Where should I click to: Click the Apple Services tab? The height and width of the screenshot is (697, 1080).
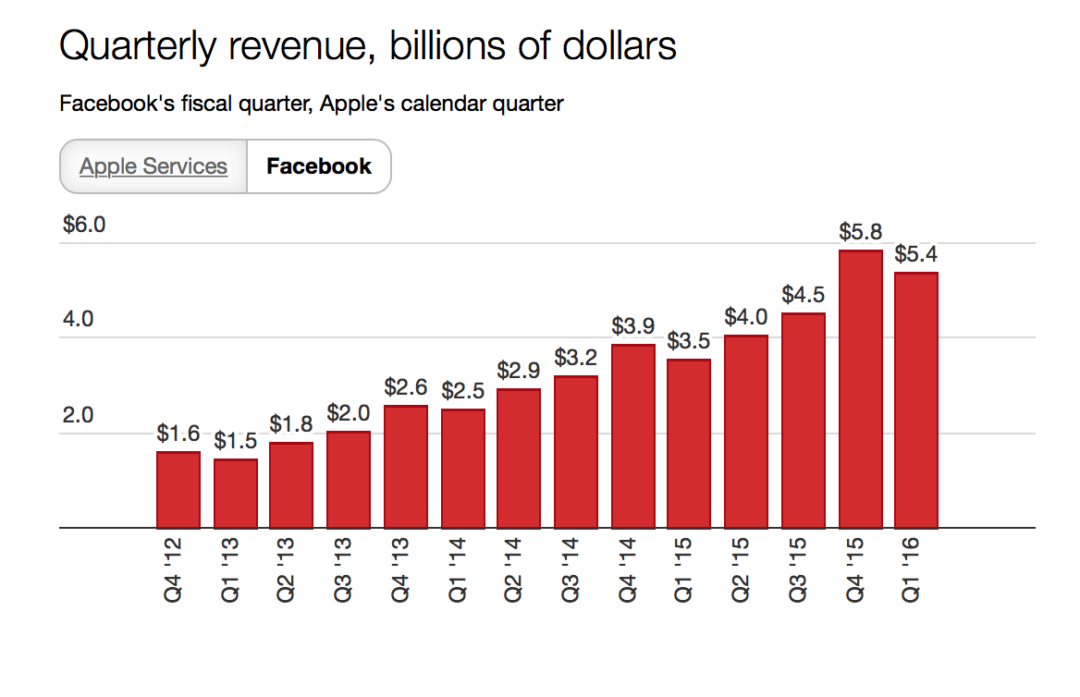tap(153, 166)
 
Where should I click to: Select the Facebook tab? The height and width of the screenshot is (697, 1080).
tap(319, 166)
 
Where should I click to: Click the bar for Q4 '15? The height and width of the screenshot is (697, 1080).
tap(860, 388)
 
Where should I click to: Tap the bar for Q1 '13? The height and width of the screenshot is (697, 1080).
tap(236, 494)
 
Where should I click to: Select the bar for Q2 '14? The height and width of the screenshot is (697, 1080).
tap(519, 459)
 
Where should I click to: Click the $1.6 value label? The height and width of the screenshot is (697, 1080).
tap(178, 433)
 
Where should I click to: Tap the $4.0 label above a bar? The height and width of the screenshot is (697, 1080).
tap(746, 317)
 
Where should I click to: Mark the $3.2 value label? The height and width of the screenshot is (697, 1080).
tap(576, 358)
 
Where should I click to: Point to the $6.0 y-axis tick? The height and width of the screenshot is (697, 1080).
tap(84, 225)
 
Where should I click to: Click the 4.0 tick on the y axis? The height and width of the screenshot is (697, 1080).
tap(78, 320)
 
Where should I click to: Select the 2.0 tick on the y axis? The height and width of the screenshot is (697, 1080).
tap(78, 415)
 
